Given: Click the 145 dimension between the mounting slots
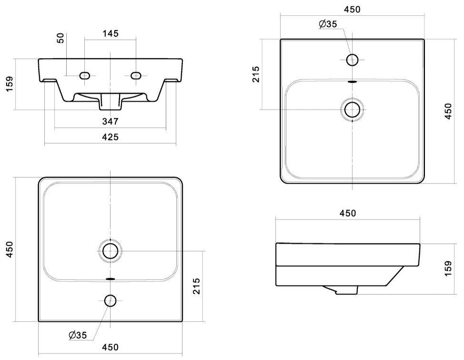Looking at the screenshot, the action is click(x=111, y=33).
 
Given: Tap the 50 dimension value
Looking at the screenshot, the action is click(x=61, y=38).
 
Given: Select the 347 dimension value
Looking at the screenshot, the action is click(x=110, y=121).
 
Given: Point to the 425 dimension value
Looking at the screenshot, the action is click(x=110, y=137).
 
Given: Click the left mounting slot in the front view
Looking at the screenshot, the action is click(x=85, y=75).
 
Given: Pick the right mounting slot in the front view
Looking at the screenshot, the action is click(x=136, y=75).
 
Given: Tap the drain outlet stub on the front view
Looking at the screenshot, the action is click(x=111, y=102).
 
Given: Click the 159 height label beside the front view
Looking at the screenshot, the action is click(x=10, y=84).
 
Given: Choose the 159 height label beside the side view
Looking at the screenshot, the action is click(x=448, y=268).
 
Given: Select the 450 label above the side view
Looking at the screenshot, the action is click(x=348, y=213).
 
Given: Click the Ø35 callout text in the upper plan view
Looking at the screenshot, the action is click(x=328, y=24).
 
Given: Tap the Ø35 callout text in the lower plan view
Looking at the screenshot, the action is click(x=78, y=335).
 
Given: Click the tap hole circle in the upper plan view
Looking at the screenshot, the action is click(x=352, y=60).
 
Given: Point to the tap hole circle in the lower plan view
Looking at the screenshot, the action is click(x=111, y=301).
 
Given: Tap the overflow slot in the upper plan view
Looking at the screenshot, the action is click(x=352, y=82).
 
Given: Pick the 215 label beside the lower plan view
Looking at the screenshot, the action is click(x=196, y=286).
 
